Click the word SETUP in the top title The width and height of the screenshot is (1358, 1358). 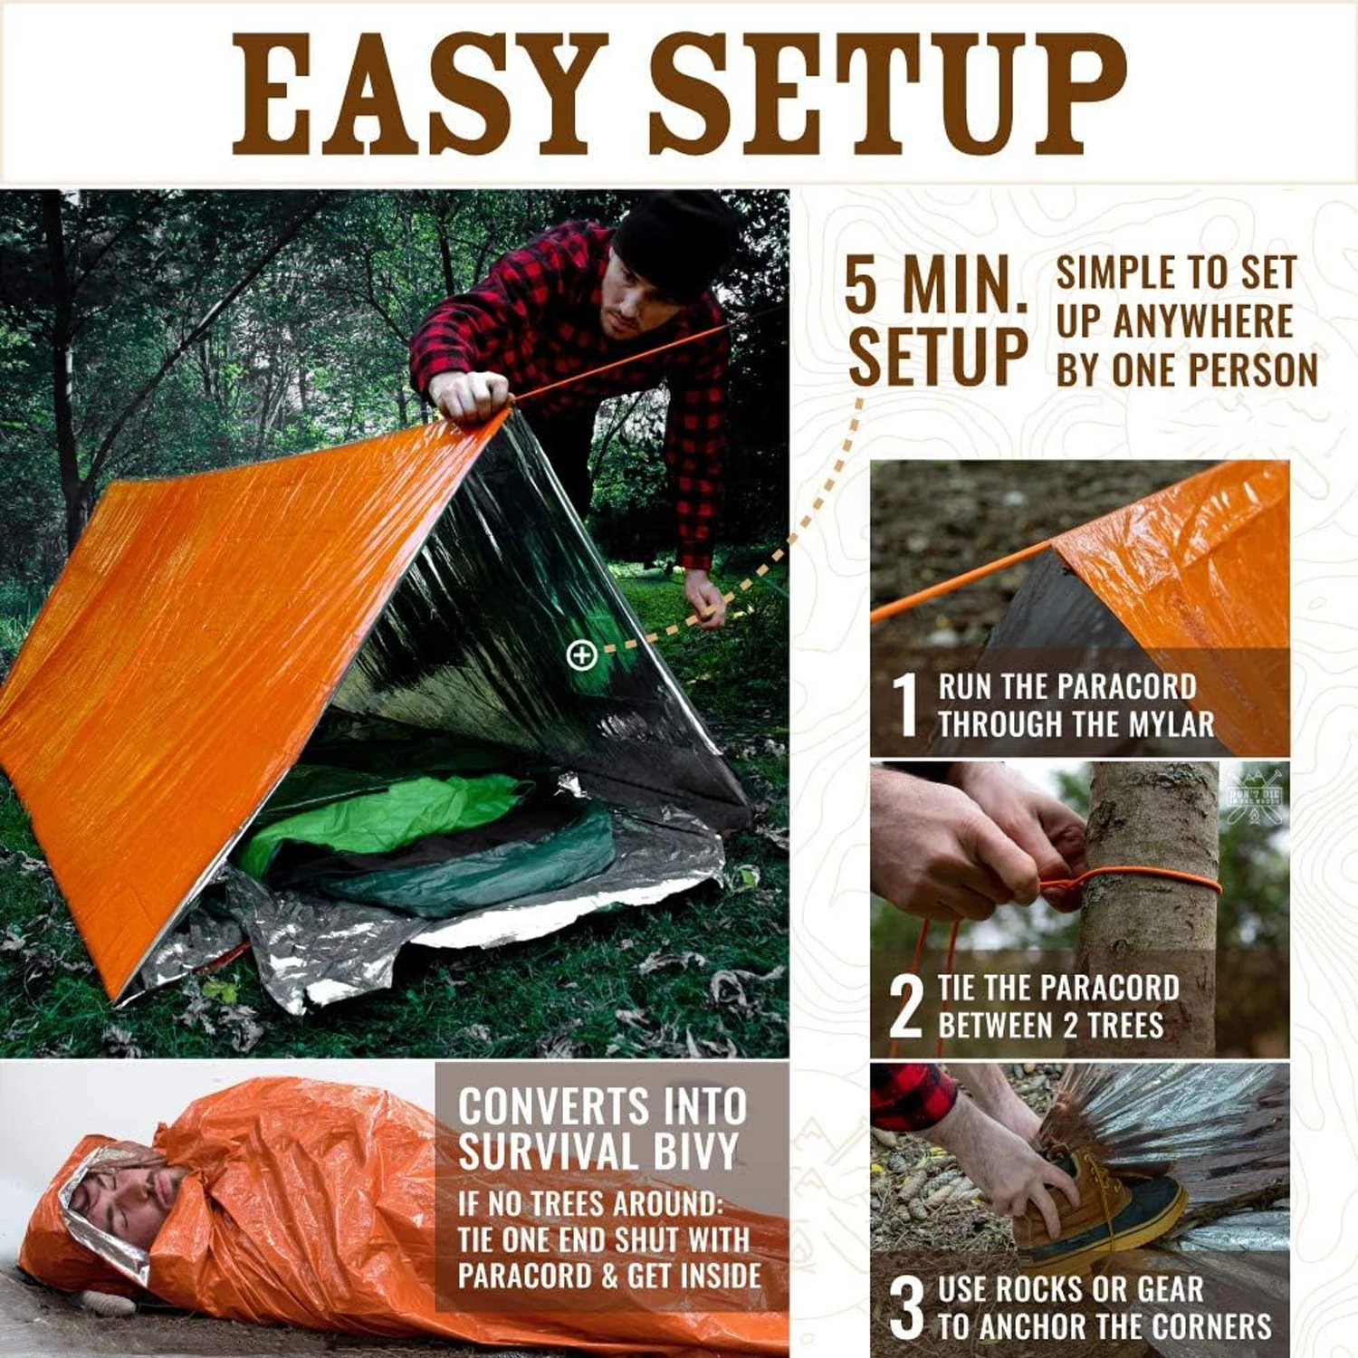click(887, 94)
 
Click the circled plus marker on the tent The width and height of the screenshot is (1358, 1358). click(581, 655)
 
